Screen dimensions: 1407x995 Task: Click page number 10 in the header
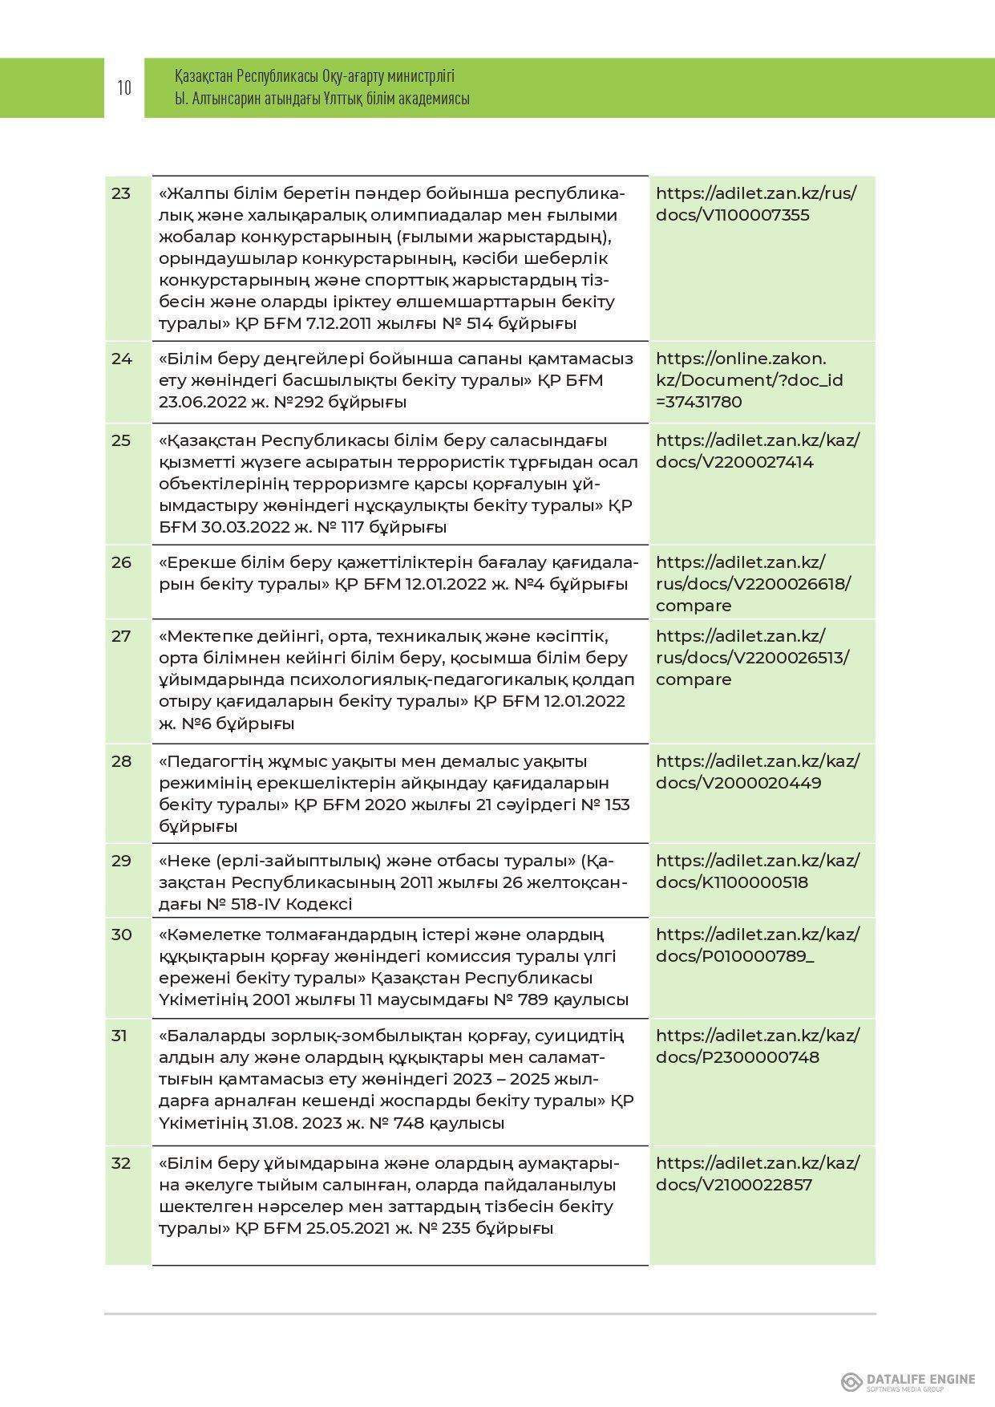coord(124,87)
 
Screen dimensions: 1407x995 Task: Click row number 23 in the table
coord(121,193)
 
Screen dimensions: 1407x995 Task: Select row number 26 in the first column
coord(121,562)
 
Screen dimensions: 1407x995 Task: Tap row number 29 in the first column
coord(121,861)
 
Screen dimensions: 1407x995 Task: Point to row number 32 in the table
coord(121,1163)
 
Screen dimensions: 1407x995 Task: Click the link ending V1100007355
coord(755,204)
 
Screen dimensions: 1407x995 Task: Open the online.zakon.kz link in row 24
coord(749,379)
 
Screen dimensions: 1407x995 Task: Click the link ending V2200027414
coord(757,451)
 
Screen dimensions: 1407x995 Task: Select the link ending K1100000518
coord(757,871)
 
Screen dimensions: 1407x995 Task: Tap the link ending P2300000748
coord(757,1046)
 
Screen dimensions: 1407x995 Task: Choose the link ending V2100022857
coord(757,1174)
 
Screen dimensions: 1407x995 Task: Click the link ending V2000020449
coord(757,772)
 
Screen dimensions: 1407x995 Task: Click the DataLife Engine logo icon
coord(851,1381)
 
